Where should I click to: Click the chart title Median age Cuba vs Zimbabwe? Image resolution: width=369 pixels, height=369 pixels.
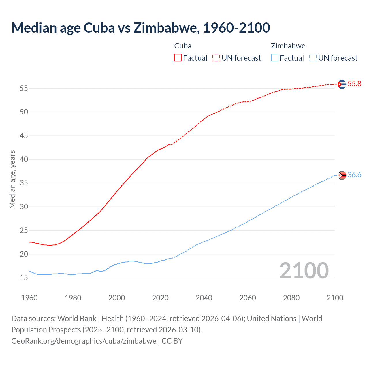[140, 28]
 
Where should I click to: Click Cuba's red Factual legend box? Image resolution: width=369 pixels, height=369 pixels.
[178, 58]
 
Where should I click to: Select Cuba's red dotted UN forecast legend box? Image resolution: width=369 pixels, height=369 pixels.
[216, 58]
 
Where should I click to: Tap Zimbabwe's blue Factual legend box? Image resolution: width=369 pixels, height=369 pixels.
[275, 58]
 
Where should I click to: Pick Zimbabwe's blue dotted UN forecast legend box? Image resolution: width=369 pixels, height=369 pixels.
[313, 58]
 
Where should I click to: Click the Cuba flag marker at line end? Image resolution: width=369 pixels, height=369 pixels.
[342, 84]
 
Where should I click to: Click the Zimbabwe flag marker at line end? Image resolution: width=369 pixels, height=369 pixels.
[342, 175]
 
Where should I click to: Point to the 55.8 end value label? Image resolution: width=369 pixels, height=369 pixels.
[354, 84]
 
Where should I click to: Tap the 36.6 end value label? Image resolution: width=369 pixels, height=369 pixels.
[354, 175]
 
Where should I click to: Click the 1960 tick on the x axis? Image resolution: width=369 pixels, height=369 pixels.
[29, 298]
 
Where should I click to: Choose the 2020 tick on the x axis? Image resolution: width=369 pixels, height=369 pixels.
[160, 298]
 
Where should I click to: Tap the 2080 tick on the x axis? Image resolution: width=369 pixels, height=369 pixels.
[291, 298]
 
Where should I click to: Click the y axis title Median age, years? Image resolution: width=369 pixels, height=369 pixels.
[12, 179]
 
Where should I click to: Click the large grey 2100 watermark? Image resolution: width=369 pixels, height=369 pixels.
[304, 271]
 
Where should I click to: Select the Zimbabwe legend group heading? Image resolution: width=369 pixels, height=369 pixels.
[288, 46]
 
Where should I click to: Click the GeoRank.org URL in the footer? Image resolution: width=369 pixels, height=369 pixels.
[84, 341]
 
